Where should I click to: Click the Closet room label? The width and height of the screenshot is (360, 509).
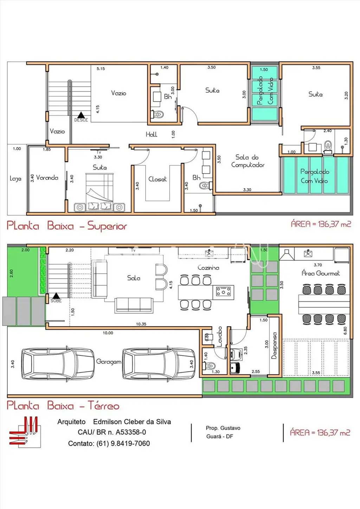click(157, 179)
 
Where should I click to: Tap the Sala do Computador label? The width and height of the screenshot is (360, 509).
click(247, 161)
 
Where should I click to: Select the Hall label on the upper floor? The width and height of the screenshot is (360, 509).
click(152, 135)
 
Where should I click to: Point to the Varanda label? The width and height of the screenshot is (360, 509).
click(47, 178)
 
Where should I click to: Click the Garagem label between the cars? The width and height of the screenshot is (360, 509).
click(109, 362)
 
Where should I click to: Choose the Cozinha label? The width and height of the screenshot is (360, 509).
click(208, 268)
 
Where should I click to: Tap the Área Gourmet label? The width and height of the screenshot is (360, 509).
click(321, 273)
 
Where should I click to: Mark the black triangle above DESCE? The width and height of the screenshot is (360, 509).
click(81, 115)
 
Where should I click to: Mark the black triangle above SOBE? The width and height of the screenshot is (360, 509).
click(56, 295)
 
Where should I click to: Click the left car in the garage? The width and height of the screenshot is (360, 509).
click(58, 364)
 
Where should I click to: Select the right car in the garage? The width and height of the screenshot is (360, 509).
click(159, 364)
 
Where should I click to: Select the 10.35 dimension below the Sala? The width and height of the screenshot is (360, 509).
click(141, 324)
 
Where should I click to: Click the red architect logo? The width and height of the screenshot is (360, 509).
click(25, 432)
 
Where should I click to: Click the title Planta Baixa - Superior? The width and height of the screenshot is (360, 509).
click(67, 226)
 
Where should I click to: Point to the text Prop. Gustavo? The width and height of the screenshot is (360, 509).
click(223, 428)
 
